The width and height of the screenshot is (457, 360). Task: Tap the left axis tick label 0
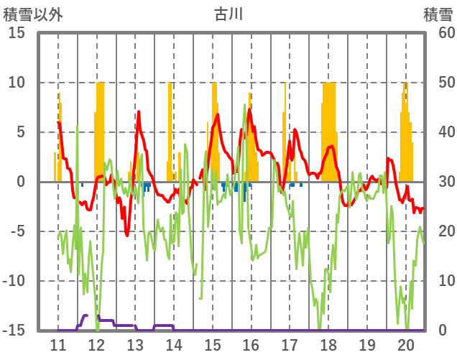point(22,182)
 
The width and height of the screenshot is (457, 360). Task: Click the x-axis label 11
point(58,343)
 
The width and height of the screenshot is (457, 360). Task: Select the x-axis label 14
point(174,343)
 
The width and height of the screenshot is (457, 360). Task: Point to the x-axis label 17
point(290,343)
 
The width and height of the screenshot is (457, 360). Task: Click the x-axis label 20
point(405,343)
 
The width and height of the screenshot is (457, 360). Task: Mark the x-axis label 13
point(135,343)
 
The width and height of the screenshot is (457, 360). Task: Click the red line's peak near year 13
point(139,112)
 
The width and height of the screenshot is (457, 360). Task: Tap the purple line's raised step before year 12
point(86,315)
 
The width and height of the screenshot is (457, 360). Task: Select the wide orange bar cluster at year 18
point(329,129)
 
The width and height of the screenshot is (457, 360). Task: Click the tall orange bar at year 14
point(170,129)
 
